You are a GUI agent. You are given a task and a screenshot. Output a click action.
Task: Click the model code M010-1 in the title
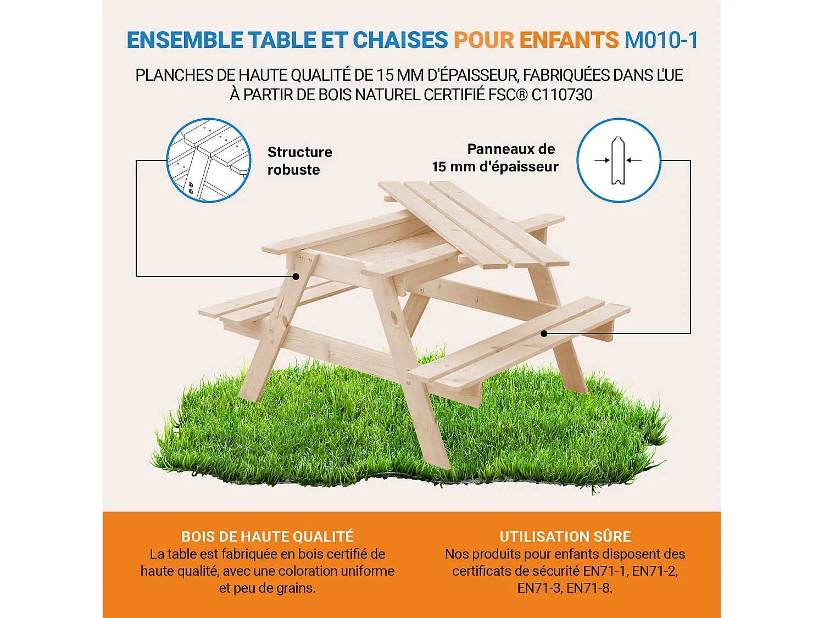(661, 40)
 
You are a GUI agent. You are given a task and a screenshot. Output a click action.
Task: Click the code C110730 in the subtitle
(562, 94)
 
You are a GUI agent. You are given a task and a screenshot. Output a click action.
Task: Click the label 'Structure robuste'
(299, 160)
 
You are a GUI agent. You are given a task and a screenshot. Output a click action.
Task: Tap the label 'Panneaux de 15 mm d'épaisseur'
(495, 158)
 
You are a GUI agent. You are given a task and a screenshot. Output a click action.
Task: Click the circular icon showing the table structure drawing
(209, 160)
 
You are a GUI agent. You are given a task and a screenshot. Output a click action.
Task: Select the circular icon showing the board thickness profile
(619, 160)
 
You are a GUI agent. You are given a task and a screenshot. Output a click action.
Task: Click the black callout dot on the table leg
(296, 276)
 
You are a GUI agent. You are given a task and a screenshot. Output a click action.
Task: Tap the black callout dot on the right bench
(543, 333)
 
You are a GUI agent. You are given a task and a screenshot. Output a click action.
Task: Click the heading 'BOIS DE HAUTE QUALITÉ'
(268, 537)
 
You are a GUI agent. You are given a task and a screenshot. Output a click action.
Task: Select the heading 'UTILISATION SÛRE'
(565, 537)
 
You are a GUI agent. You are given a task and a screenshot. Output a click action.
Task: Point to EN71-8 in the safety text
(589, 588)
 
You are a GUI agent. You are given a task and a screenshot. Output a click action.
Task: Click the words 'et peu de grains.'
(268, 588)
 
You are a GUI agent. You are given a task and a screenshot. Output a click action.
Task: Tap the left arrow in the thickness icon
(602, 160)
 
